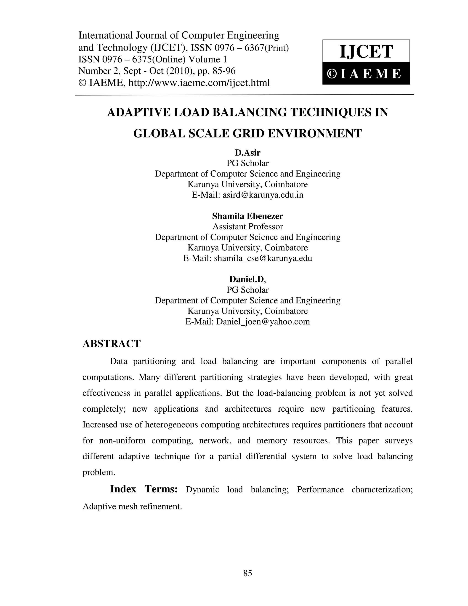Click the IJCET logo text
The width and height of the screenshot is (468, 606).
pos(366,52)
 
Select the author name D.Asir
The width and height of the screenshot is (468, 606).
pos(247,153)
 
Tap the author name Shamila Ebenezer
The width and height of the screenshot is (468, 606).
pos(247,216)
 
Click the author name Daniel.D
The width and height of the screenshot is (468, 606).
pos(247,279)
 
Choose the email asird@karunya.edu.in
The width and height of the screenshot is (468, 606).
pos(263,195)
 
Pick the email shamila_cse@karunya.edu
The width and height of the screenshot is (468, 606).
pos(263,258)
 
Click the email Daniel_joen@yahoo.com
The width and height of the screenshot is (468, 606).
pos(263,322)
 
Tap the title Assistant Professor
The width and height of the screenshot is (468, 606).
pos(247,227)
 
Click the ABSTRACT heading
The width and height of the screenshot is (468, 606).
pos(112,344)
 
